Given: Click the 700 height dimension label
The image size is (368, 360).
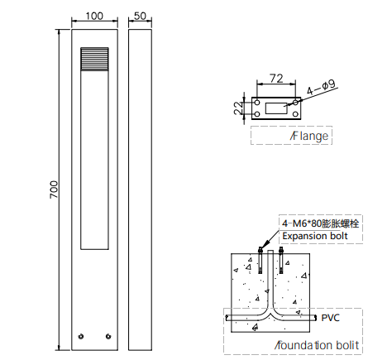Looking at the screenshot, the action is click(54, 190).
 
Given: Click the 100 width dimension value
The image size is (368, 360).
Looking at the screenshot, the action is click(94, 16).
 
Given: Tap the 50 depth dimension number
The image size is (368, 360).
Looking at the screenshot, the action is click(140, 16).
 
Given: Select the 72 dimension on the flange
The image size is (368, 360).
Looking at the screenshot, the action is click(276, 79).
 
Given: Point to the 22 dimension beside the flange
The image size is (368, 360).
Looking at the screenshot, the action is click(238, 108).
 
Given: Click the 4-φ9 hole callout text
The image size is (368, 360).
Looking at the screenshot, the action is click(321, 88).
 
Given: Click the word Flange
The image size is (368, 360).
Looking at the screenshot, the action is click(310, 136).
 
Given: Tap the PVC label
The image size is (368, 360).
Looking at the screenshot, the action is click(331, 318).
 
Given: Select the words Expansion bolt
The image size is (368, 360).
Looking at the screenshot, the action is click(315, 236).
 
